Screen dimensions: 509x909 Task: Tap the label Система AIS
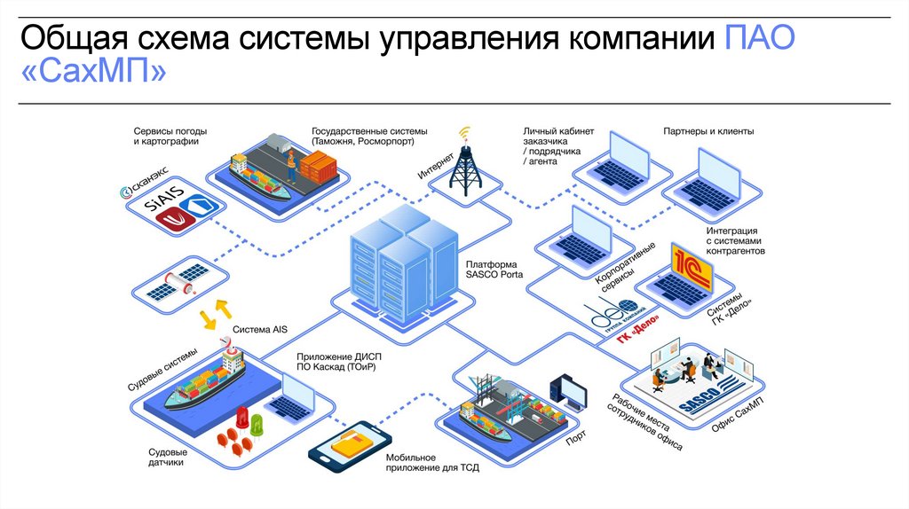click(260, 329)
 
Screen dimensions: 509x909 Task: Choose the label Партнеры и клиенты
click(708, 131)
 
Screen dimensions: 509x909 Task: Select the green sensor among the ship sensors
click(257, 423)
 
